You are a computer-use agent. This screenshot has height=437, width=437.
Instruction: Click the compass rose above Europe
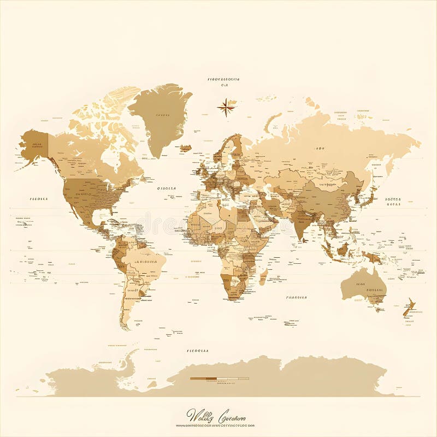[x=226, y=107]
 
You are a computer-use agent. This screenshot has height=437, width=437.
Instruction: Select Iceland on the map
[x=186, y=147]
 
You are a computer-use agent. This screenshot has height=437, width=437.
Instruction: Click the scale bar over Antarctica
[x=219, y=378]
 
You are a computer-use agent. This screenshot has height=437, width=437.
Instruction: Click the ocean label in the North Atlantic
[x=166, y=188]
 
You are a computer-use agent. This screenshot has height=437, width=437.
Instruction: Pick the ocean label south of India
[x=297, y=298]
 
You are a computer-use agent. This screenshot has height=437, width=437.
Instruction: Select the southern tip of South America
[x=125, y=326]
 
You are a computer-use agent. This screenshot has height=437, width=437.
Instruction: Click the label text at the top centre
[x=224, y=79]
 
